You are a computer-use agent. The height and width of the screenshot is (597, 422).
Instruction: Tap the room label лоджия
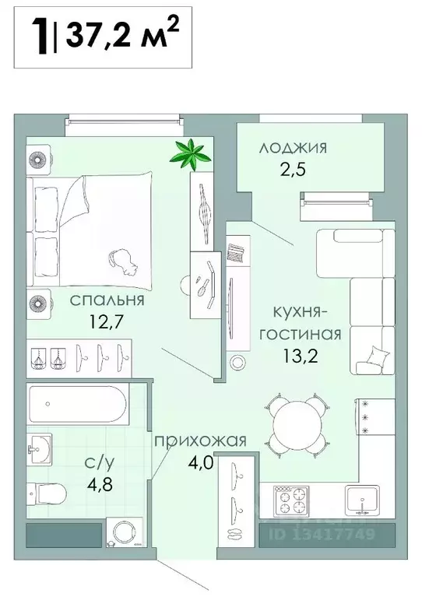click(294, 148)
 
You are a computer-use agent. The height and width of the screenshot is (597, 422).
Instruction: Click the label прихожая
click(200, 441)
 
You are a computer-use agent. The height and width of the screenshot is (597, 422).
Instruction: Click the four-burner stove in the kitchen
click(290, 498)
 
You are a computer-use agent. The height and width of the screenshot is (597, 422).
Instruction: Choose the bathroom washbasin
click(39, 449)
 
